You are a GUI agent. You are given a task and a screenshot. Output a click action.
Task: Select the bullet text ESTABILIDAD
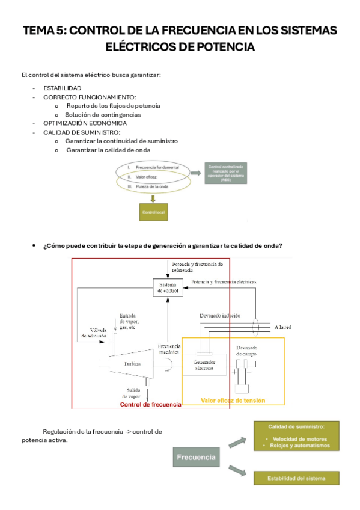(x=63, y=88)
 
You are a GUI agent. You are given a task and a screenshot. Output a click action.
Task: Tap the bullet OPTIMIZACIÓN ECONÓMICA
(x=85, y=123)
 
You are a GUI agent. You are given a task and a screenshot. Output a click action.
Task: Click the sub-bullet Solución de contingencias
(x=103, y=114)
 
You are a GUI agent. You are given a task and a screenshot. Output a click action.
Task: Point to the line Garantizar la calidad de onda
(x=108, y=150)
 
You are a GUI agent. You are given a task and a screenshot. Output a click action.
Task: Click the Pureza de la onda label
(x=152, y=187)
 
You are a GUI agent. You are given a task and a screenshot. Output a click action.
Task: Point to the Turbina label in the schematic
(x=133, y=364)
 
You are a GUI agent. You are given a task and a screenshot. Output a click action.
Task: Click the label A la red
(x=282, y=327)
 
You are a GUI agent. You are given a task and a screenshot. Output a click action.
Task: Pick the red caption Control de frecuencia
(x=150, y=405)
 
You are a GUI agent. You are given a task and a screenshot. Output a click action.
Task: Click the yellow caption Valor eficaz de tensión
(x=233, y=401)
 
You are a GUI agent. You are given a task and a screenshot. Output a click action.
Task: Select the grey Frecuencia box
(x=196, y=458)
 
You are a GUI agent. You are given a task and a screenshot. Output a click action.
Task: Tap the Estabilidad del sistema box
(x=295, y=479)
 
